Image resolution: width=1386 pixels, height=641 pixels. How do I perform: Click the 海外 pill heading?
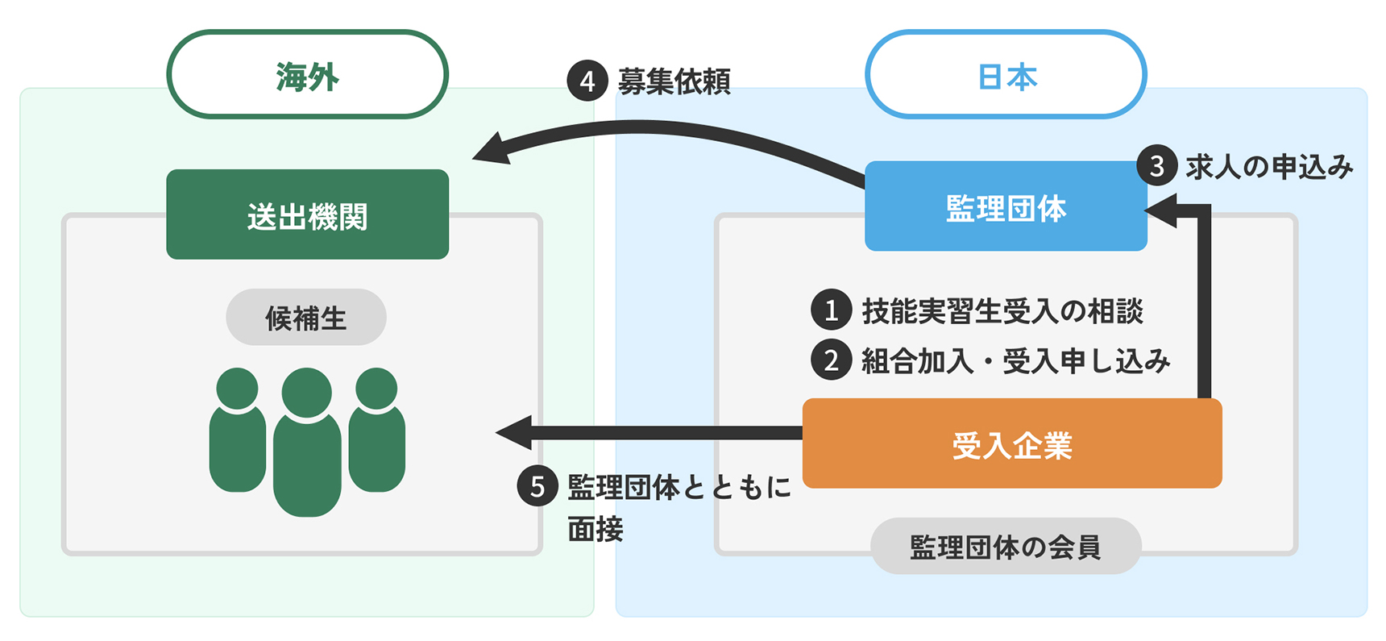point(307,75)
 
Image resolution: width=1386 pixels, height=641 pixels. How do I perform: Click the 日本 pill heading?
point(1006,75)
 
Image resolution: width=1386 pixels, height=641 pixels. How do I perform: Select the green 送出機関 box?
point(307,214)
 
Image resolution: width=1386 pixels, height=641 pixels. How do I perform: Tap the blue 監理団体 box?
point(1006,207)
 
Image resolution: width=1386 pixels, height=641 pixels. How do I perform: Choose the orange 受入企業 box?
point(1012,443)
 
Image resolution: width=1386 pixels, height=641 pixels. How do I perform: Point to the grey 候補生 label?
point(306,318)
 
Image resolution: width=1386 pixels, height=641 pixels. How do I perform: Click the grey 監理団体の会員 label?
point(1005,547)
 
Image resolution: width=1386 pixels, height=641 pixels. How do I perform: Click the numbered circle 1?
point(831,310)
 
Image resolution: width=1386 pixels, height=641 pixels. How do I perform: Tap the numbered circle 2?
point(831,360)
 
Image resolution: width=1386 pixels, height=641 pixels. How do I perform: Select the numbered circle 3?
point(1156,165)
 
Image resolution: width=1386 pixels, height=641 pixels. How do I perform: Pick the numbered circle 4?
point(587,81)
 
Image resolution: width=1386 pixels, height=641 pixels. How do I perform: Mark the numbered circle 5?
point(537,486)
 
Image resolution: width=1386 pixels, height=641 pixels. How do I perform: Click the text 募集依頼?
point(674,81)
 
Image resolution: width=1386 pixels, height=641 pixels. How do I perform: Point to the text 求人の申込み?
point(1268,166)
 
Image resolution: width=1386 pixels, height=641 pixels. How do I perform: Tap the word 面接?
point(595,530)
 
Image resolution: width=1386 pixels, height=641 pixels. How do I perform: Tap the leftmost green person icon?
point(238,431)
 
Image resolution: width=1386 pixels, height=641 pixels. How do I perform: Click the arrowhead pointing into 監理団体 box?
point(1160,210)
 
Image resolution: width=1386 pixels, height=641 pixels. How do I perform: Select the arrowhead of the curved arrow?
point(491,149)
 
